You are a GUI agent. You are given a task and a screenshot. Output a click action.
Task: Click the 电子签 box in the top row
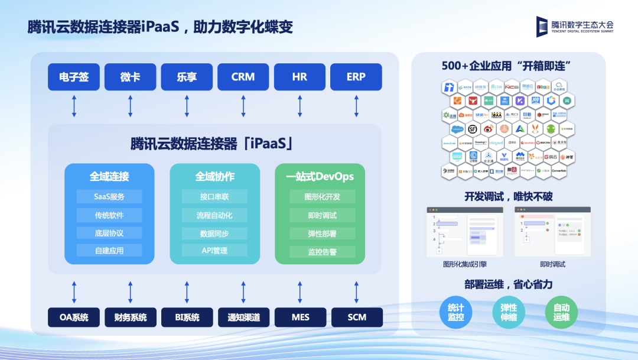pyautogui.click(x=74, y=77)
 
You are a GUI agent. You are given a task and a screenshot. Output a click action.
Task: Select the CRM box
pyautogui.click(x=243, y=77)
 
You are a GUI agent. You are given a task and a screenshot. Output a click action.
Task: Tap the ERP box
pyautogui.click(x=356, y=77)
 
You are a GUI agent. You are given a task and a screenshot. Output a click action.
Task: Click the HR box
pyautogui.click(x=300, y=77)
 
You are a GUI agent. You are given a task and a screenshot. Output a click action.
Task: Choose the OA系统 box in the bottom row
pyautogui.click(x=74, y=317)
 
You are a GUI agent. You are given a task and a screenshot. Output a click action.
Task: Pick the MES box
pyautogui.click(x=300, y=317)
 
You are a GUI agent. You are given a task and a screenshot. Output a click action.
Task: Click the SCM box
pyautogui.click(x=357, y=317)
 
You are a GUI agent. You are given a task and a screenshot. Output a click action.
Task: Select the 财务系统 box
pyautogui.click(x=131, y=317)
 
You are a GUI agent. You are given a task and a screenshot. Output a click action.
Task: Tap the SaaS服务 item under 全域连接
pyautogui.click(x=109, y=196)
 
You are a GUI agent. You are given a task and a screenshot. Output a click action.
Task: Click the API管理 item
pyautogui.click(x=214, y=251)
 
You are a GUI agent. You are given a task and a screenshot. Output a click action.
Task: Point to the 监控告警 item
pyautogui.click(x=322, y=252)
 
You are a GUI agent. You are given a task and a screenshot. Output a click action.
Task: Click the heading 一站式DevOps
pyautogui.click(x=320, y=176)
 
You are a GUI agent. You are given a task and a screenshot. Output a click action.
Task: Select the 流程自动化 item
pyautogui.click(x=214, y=215)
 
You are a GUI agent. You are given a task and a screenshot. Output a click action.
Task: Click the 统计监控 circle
pyautogui.click(x=456, y=313)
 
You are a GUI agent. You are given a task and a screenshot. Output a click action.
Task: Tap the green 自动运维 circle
pyautogui.click(x=561, y=313)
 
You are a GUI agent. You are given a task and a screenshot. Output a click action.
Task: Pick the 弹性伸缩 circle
pyautogui.click(x=509, y=313)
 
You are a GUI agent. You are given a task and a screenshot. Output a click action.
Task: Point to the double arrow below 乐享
pyautogui.click(x=187, y=105)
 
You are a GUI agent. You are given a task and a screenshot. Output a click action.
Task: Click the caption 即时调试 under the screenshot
pyautogui.click(x=552, y=264)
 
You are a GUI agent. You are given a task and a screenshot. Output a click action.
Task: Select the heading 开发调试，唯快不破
pyautogui.click(x=508, y=196)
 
